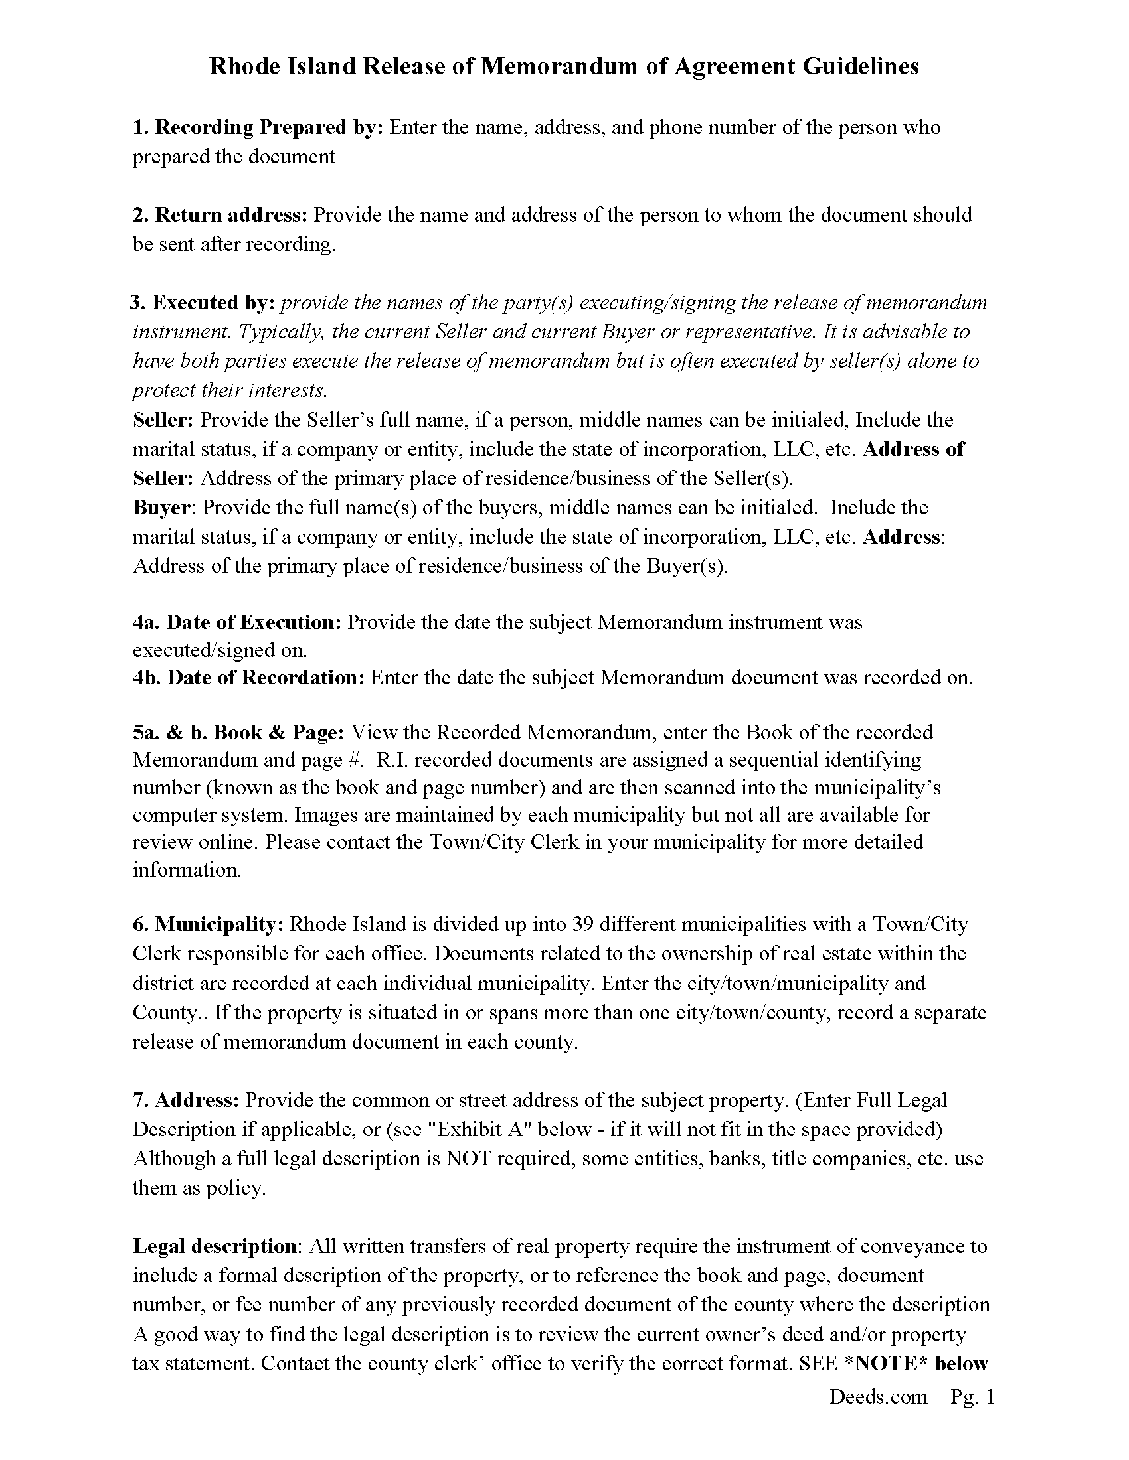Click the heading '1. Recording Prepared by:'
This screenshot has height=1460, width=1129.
point(258,127)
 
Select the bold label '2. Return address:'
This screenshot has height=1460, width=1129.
point(220,214)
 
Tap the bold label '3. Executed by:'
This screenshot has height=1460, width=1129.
point(202,303)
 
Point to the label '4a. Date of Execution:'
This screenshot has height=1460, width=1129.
point(237,622)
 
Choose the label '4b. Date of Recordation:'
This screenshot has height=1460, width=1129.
point(248,677)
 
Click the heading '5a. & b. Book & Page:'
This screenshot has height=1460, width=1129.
point(238,733)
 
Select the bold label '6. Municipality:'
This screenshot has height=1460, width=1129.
point(209,924)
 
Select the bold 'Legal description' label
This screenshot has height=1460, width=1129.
point(215,1246)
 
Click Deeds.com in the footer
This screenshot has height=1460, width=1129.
point(878,1396)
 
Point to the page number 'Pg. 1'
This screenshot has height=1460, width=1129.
point(972,1396)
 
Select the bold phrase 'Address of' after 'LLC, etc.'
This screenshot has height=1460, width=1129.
point(913,449)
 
